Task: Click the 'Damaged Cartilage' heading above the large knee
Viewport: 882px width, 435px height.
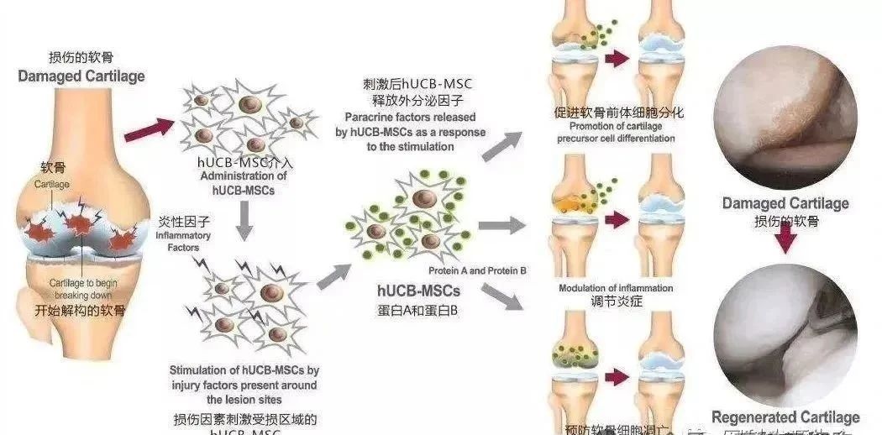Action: pyautogui.click(x=81, y=76)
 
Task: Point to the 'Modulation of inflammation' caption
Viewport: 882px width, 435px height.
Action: pyautogui.click(x=616, y=288)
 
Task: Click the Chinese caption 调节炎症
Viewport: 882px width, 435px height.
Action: pyautogui.click(x=616, y=301)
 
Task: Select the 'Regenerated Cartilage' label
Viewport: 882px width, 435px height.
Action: pyautogui.click(x=785, y=417)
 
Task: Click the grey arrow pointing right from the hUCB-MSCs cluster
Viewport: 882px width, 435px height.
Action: pyautogui.click(x=500, y=224)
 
